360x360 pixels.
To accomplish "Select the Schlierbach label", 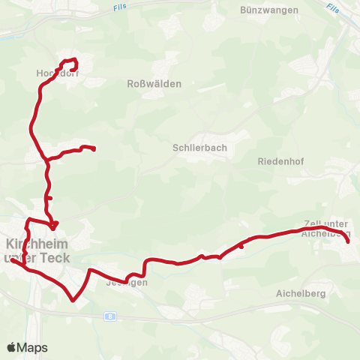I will click(x=199, y=148).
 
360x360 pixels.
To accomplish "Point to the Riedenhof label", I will click(x=279, y=161).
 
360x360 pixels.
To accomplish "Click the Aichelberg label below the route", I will click(x=301, y=293).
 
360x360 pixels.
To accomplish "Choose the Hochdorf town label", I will click(x=53, y=73).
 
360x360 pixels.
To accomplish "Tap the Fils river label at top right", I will click(x=334, y=8).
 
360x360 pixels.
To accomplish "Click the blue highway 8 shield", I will click(x=110, y=316).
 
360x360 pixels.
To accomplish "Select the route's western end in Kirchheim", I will click(x=11, y=260).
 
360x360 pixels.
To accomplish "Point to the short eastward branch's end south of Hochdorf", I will click(x=94, y=149).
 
